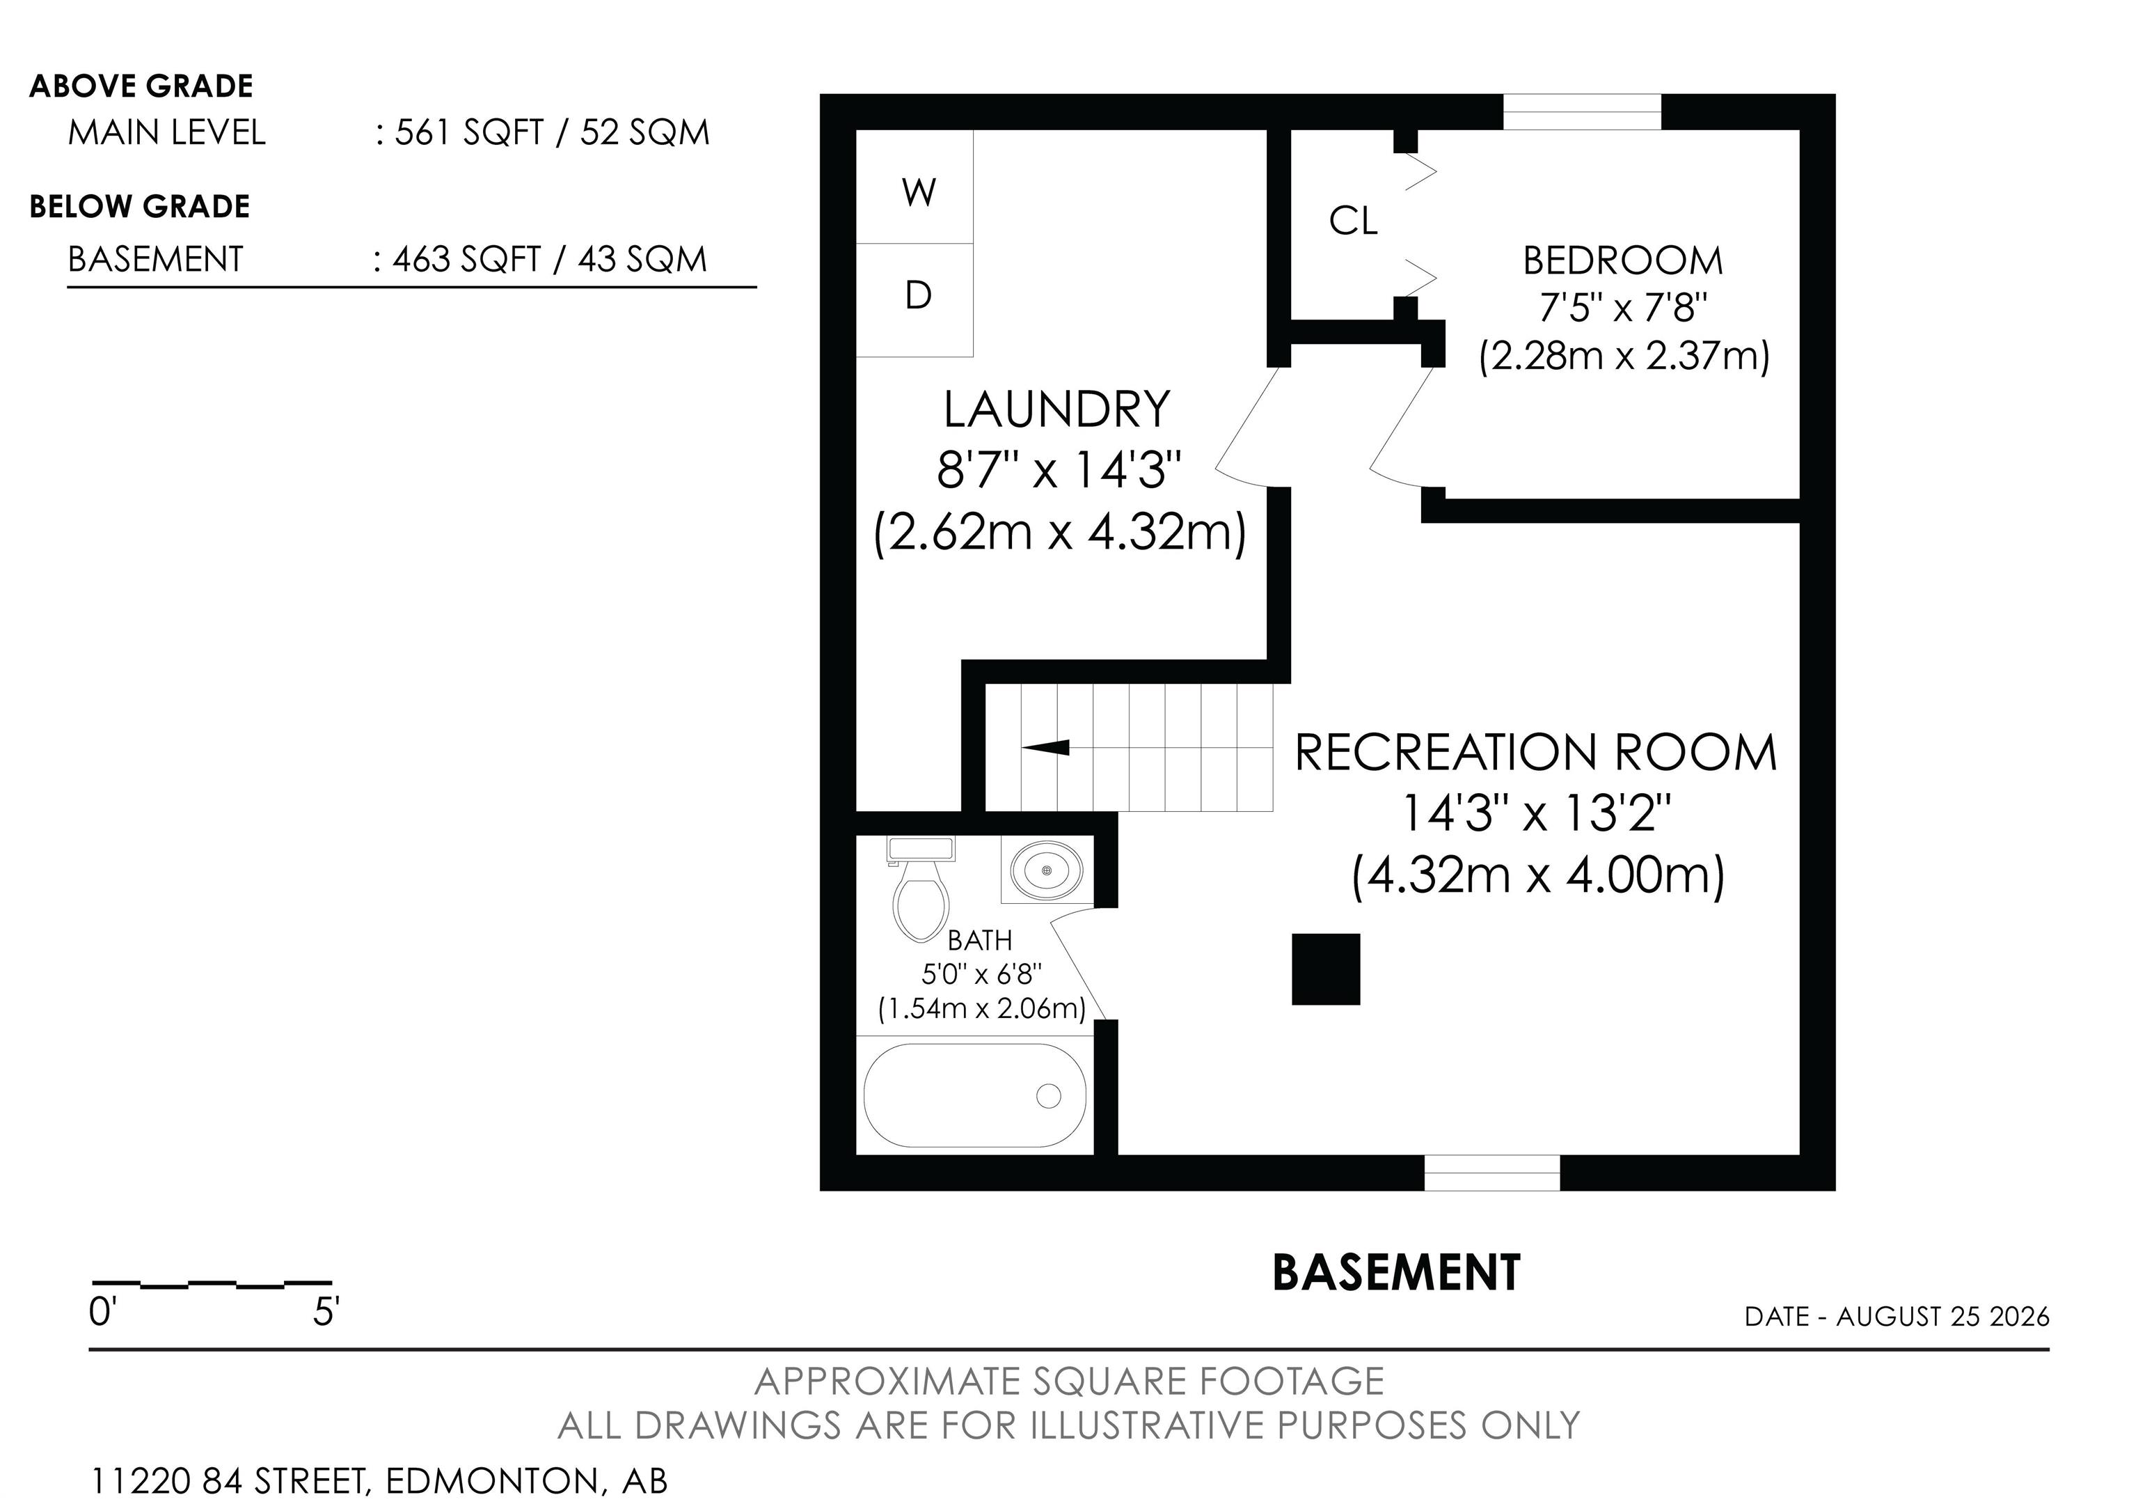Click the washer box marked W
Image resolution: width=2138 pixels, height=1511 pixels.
tap(914, 187)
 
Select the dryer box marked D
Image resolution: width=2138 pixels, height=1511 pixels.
tap(914, 300)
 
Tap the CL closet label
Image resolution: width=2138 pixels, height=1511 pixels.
tap(1353, 221)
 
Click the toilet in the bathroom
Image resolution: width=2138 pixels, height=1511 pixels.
tap(921, 890)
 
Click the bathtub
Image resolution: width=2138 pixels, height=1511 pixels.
tap(975, 1095)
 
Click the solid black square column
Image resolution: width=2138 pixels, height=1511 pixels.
tap(1326, 970)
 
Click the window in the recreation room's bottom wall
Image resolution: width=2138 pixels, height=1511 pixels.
tap(1491, 1173)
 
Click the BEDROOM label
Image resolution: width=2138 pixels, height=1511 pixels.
tap(1623, 261)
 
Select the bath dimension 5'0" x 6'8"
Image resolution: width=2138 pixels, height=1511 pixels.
tap(981, 974)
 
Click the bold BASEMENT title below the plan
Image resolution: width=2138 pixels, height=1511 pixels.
tap(1397, 1273)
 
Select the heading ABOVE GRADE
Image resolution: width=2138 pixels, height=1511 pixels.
tap(141, 86)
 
